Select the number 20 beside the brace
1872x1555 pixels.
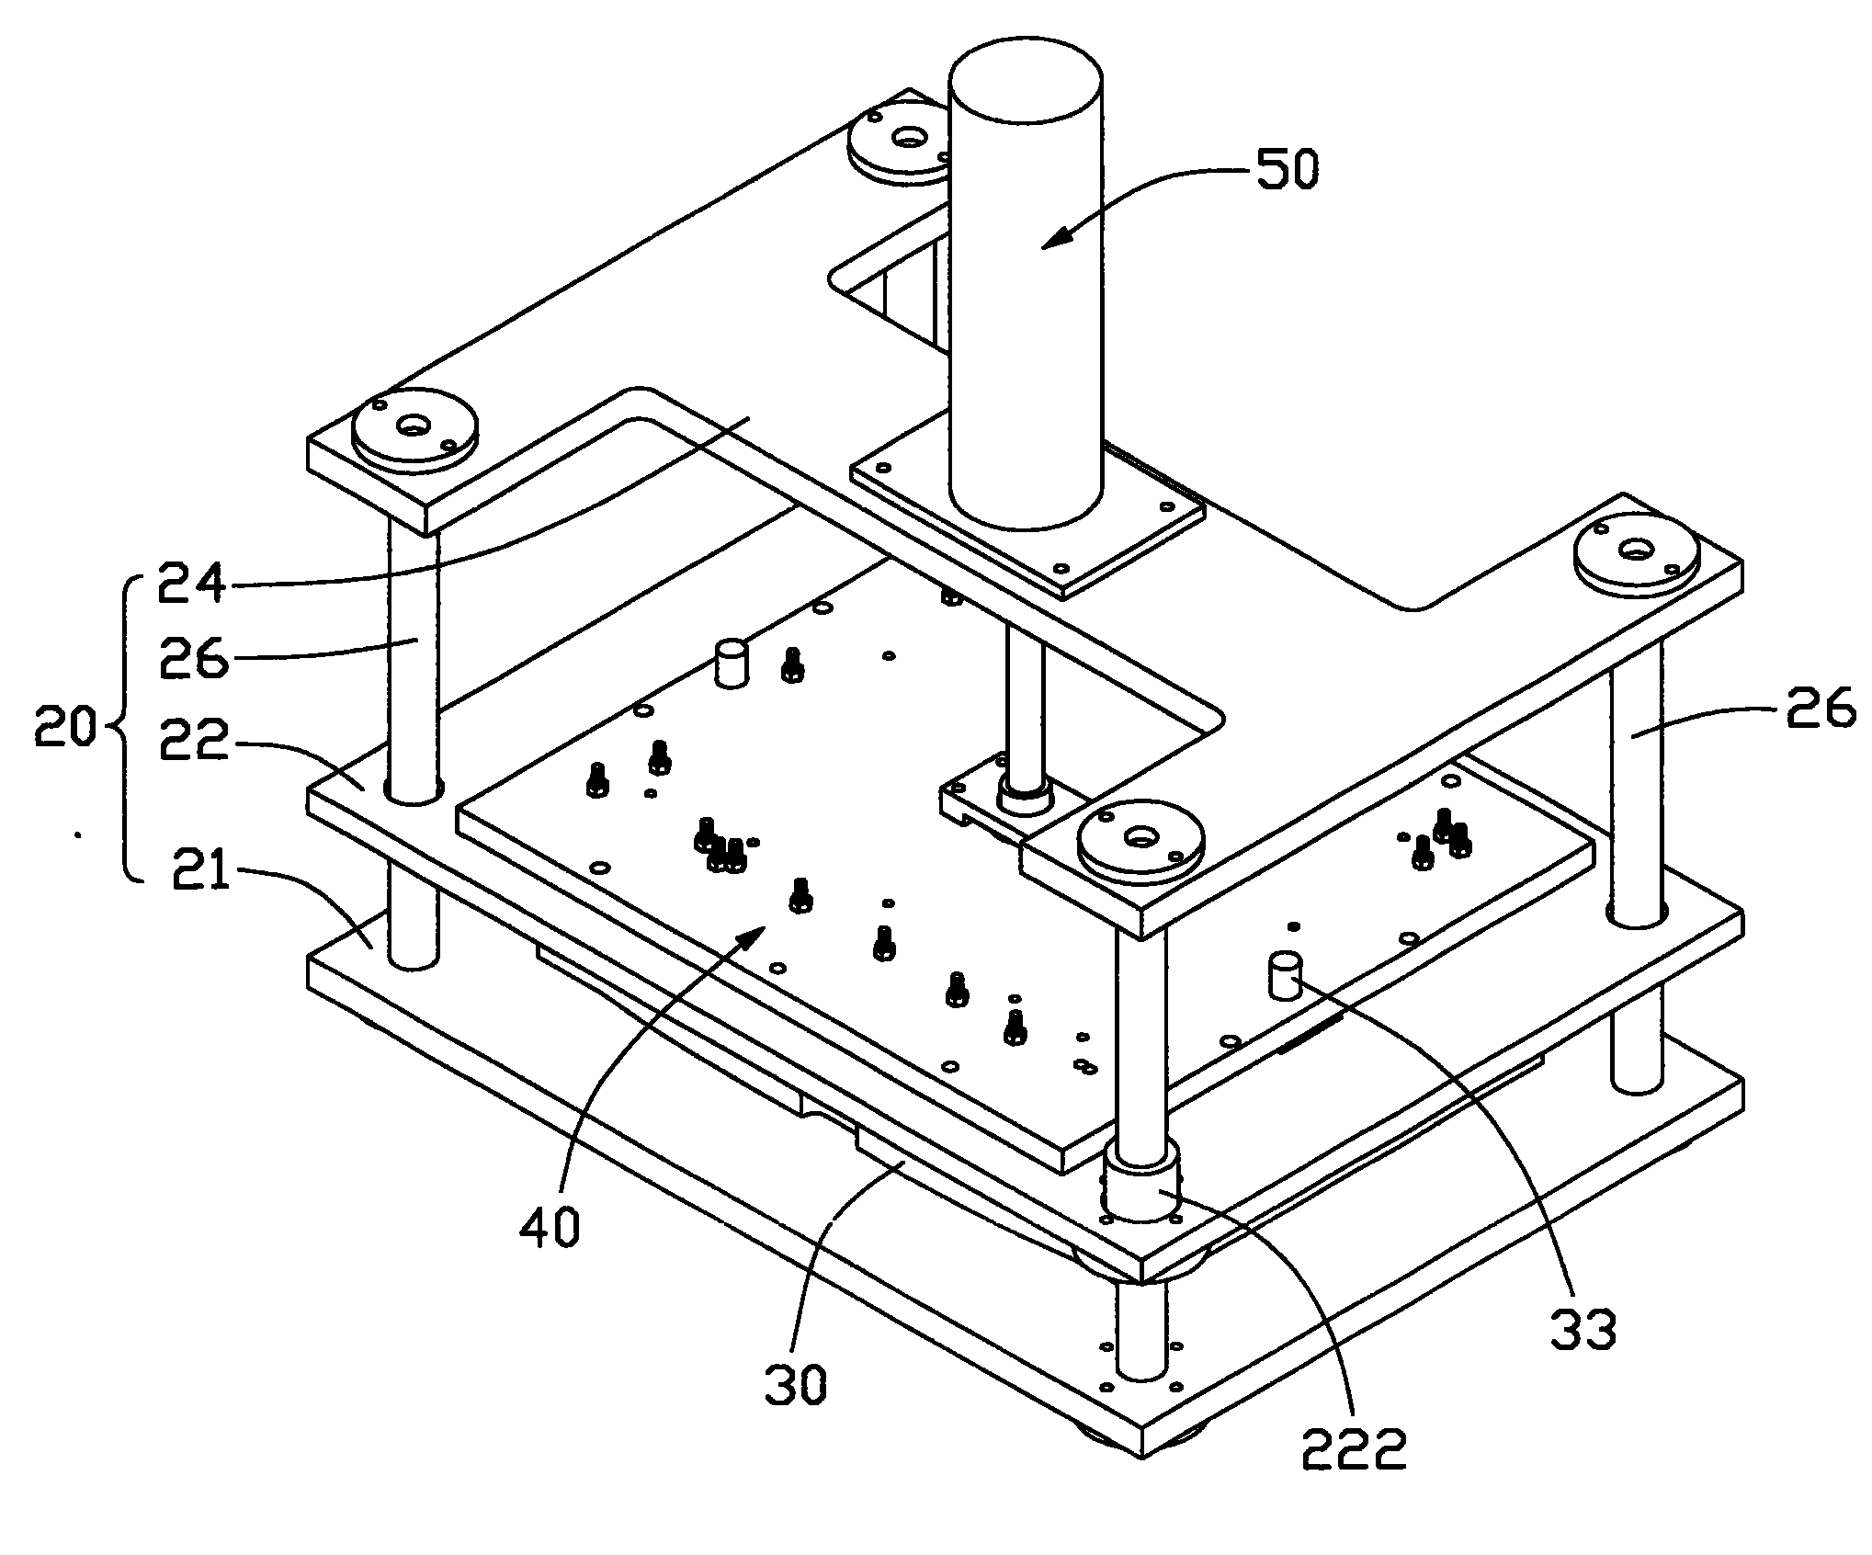[x=63, y=731]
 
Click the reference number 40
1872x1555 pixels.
[x=549, y=1227]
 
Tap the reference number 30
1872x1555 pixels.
[x=796, y=1383]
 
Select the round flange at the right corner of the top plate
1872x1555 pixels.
[x=1635, y=552]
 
